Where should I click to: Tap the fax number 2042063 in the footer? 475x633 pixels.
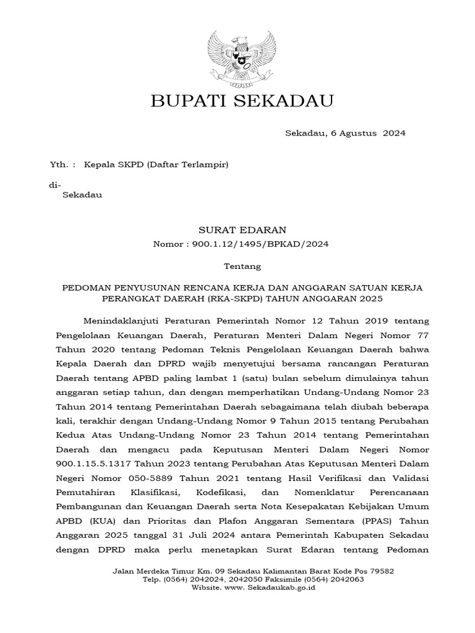pos(347,579)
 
